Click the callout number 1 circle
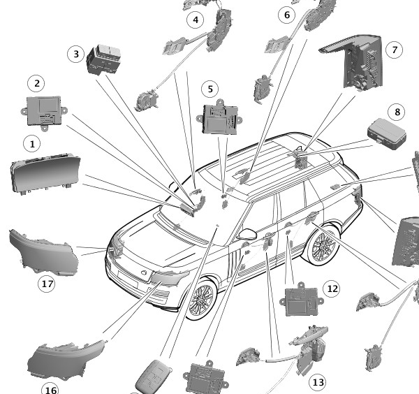pyautogui.click(x=32, y=144)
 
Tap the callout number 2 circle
pyautogui.click(x=36, y=83)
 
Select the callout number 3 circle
pyautogui.click(x=76, y=54)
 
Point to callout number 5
pyautogui.click(x=210, y=89)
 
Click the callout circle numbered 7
pyautogui.click(x=395, y=50)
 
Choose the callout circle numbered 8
pyautogui.click(x=397, y=112)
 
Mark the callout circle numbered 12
pyautogui.click(x=332, y=289)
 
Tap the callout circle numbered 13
pyautogui.click(x=318, y=382)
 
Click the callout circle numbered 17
pyautogui.click(x=47, y=284)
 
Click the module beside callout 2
pyautogui.click(x=45, y=113)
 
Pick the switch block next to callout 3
pyautogui.click(x=103, y=59)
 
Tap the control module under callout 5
pyautogui.click(x=220, y=117)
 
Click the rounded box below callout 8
pyautogui.click(x=387, y=134)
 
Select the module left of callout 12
pyautogui.click(x=302, y=300)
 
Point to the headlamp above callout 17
pyautogui.click(x=44, y=253)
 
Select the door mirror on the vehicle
pyautogui.click(x=247, y=234)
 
